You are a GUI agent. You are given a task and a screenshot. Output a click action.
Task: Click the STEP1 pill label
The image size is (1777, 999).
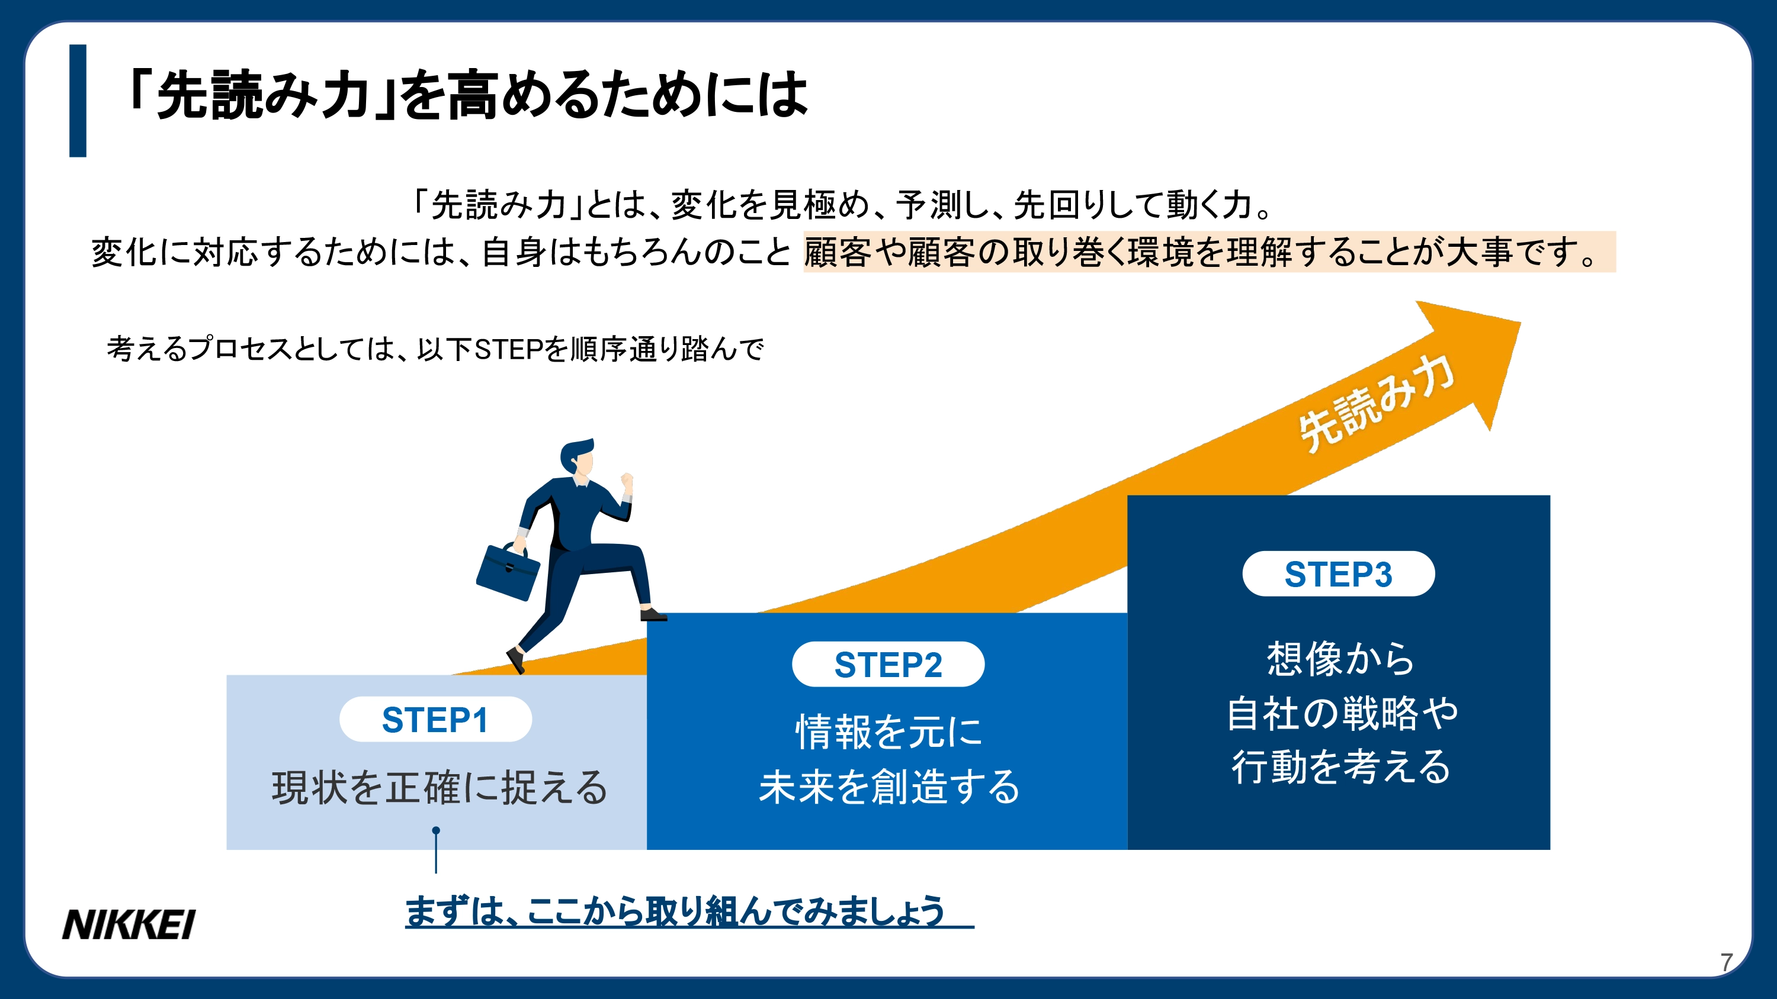coord(435,720)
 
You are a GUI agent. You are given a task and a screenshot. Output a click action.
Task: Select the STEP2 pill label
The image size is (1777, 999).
coord(888,665)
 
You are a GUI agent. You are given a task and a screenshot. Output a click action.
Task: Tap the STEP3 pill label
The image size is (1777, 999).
coord(1338,574)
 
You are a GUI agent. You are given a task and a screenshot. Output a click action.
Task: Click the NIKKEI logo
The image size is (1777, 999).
coord(129,924)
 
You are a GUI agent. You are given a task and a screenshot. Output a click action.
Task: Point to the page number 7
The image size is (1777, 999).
coord(1727,962)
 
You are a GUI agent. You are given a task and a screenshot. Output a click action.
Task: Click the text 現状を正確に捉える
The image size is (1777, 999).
coord(440,788)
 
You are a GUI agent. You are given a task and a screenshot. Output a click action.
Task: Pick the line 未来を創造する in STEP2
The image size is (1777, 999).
coord(889,787)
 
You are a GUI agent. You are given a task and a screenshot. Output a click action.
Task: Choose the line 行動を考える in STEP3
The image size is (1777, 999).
coord(1341,766)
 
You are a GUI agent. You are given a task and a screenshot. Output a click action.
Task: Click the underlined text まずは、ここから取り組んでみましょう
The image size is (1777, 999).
coord(675,911)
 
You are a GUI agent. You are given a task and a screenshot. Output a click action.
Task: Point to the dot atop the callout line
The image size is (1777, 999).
coord(436,831)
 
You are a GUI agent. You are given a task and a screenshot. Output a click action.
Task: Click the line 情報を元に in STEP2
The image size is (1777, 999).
coord(889,731)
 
